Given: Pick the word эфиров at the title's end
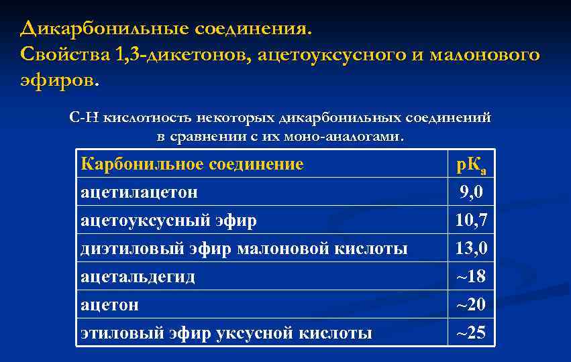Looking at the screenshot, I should pyautogui.click(x=59, y=80).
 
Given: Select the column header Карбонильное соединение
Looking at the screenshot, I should pyautogui.click(x=192, y=164).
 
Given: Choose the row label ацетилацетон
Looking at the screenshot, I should pyautogui.click(x=139, y=192).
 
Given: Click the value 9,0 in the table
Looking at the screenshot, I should pyautogui.click(x=471, y=193).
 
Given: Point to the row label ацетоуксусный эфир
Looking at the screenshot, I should pyautogui.click(x=168, y=221).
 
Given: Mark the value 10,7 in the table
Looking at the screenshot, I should pyautogui.click(x=471, y=221).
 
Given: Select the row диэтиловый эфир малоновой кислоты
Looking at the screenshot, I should pyautogui.click(x=244, y=249).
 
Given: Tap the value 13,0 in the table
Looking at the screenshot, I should pyautogui.click(x=471, y=249).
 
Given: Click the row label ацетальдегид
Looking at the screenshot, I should pyautogui.click(x=138, y=276).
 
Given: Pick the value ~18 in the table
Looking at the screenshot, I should pyautogui.click(x=471, y=276).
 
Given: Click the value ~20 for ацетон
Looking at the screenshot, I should pyautogui.click(x=471, y=304).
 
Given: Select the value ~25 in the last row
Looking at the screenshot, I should pyautogui.click(x=471, y=333).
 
